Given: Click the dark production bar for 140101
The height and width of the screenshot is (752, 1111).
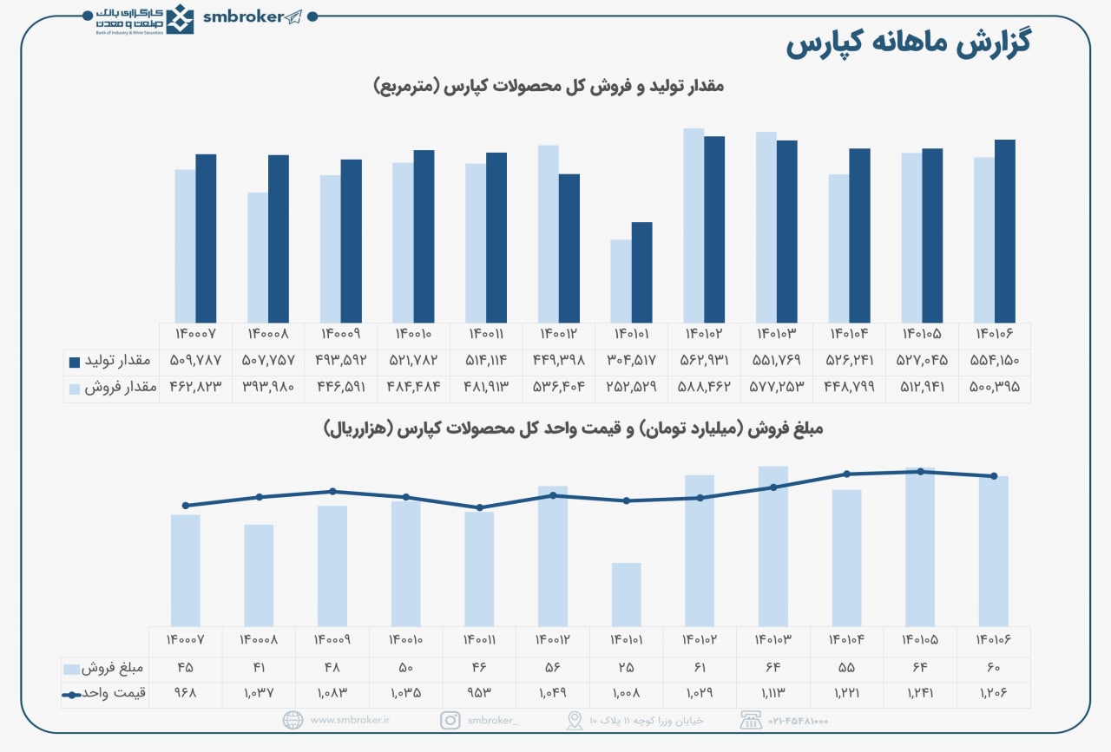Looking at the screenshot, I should pyautogui.click(x=641, y=273).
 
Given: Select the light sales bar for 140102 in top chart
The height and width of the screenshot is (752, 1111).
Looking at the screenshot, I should pyautogui.click(x=693, y=226).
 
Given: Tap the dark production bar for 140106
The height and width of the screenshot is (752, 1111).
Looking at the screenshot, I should pyautogui.click(x=1004, y=232).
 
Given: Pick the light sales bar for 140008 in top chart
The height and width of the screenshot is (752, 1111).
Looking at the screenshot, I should pyautogui.click(x=257, y=258).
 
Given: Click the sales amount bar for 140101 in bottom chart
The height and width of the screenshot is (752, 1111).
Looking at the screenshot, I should pyautogui.click(x=626, y=594).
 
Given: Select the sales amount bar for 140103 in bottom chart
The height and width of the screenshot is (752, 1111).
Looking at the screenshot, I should pyautogui.click(x=772, y=546).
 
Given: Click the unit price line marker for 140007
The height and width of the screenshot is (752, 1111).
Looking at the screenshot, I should pyautogui.click(x=186, y=506).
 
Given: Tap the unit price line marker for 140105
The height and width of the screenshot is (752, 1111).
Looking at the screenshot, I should pyautogui.click(x=920, y=472).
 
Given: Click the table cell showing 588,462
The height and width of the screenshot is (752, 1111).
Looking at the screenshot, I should pyautogui.click(x=704, y=388).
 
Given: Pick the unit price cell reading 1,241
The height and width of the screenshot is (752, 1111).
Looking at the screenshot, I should pyautogui.click(x=920, y=694).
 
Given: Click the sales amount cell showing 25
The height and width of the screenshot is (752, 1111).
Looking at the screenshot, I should pyautogui.click(x=626, y=669).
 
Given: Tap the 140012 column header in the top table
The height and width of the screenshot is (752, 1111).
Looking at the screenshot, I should pyautogui.click(x=558, y=334).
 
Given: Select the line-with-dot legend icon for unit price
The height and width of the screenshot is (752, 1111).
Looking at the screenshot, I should pyautogui.click(x=71, y=695).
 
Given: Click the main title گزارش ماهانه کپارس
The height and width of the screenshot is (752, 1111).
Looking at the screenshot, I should pyautogui.click(x=908, y=44).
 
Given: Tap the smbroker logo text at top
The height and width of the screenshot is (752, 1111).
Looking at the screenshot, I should pyautogui.click(x=243, y=17).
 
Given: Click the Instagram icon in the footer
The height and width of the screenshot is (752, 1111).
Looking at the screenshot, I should pyautogui.click(x=450, y=720).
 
